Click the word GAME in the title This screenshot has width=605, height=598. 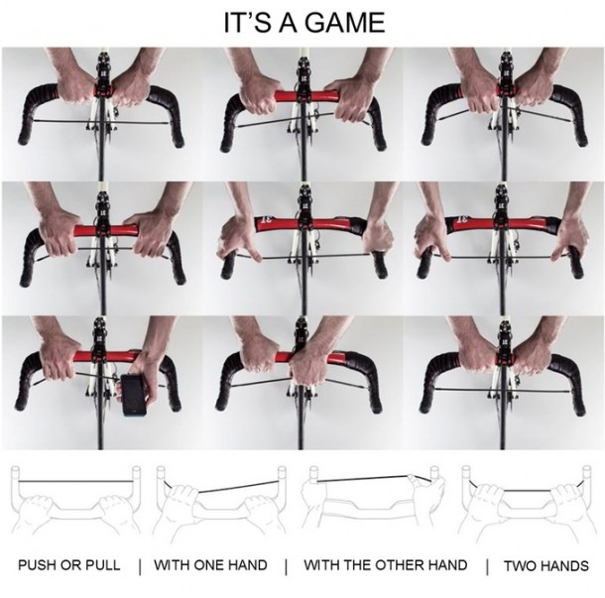346,23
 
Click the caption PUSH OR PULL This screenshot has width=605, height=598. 69,565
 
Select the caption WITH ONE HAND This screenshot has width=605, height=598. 210,565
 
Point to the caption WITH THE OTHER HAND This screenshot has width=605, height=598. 386,565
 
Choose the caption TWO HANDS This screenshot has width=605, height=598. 545,566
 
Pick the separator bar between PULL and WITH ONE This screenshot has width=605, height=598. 140,566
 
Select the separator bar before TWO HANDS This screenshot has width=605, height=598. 487,566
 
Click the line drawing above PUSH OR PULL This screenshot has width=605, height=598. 75,502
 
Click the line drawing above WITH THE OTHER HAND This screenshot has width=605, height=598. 374,502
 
